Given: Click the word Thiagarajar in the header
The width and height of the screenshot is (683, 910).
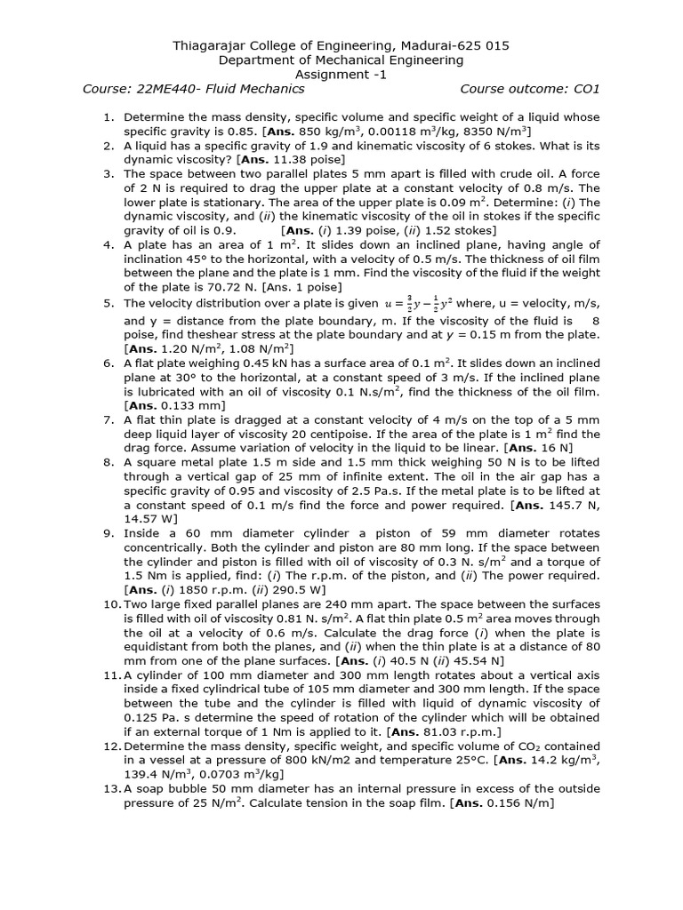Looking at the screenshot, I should point(213,45).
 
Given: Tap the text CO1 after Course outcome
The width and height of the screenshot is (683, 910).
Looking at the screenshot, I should point(587,89).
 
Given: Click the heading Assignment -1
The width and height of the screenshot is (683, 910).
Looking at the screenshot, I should point(341,75).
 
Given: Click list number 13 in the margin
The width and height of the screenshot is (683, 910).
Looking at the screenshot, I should point(110,789).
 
